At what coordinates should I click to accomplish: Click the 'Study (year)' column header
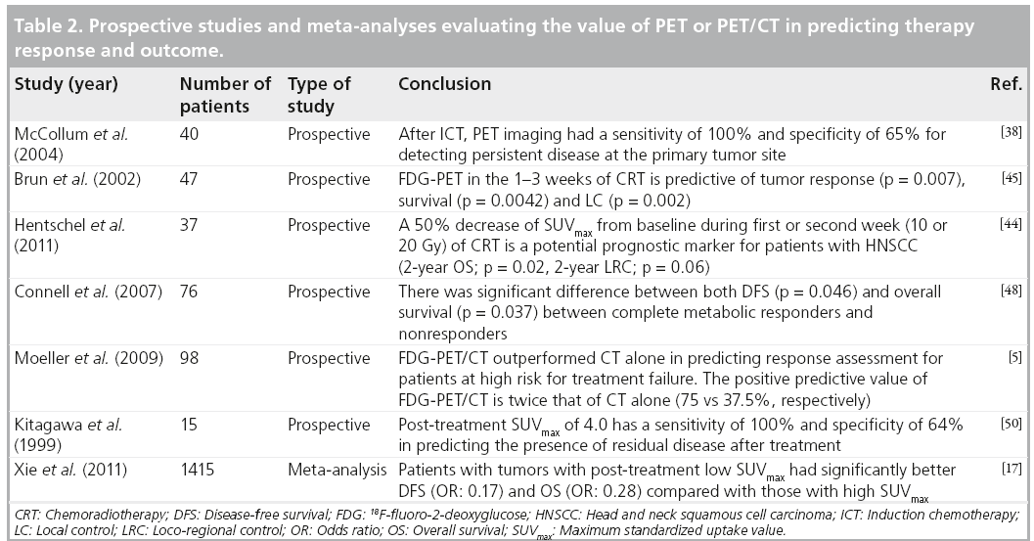tap(66, 85)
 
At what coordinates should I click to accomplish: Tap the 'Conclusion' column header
tap(444, 85)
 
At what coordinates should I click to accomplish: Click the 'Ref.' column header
tap(1006, 85)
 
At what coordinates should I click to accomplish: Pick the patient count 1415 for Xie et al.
tap(200, 471)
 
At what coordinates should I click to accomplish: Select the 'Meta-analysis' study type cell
tap(334, 471)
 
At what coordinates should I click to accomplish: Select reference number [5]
tap(1015, 355)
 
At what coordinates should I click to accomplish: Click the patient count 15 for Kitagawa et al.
tap(189, 425)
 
